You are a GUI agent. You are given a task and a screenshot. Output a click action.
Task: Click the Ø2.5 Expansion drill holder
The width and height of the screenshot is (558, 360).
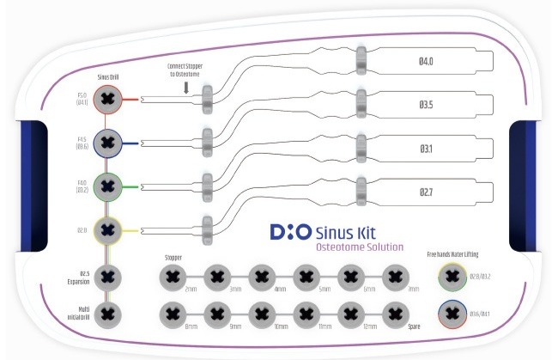(107, 275)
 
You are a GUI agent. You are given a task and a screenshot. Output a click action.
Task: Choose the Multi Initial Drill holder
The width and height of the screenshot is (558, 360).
(107, 314)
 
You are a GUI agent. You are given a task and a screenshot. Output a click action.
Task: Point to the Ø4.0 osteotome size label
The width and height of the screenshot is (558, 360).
(427, 61)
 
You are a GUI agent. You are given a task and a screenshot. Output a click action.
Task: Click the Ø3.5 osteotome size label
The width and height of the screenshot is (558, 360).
(427, 105)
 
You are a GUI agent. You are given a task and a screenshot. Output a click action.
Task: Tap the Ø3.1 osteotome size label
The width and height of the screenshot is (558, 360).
(427, 149)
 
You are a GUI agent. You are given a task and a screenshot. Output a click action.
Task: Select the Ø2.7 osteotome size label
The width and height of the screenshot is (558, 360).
(427, 192)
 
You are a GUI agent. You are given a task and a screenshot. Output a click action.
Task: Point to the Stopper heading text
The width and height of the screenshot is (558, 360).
(173, 257)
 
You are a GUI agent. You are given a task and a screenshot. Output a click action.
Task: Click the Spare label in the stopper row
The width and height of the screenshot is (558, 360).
(415, 327)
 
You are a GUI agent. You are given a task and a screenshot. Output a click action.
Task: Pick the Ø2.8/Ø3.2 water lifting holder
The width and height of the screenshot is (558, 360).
(452, 276)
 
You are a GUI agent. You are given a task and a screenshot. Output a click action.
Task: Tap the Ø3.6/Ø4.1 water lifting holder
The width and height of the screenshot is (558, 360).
(452, 314)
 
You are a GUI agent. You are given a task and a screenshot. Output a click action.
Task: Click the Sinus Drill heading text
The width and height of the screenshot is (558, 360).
(107, 77)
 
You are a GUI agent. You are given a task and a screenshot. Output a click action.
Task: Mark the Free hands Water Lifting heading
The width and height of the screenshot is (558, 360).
(452, 255)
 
